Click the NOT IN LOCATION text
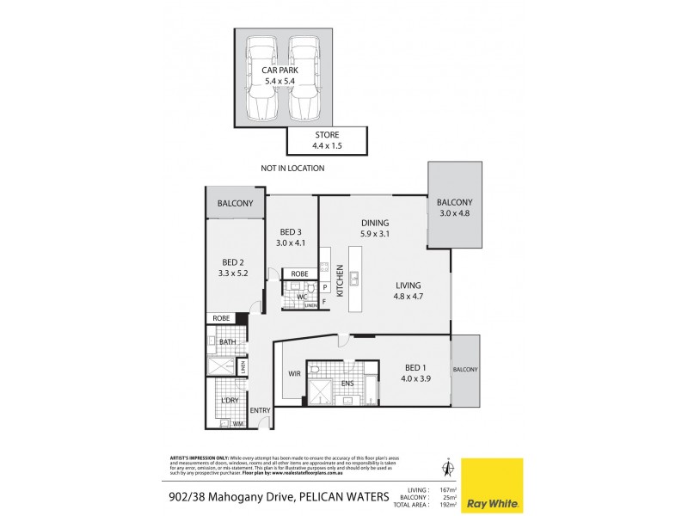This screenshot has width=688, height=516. point(292,169)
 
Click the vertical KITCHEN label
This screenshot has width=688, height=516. point(341,281)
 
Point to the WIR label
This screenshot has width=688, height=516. point(294,372)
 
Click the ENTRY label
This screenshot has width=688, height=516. point(260,410)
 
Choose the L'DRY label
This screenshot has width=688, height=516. point(229,402)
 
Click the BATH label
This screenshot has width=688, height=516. point(227,342)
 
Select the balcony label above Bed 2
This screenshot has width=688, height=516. point(235,204)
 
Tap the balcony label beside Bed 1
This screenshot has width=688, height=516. point(467,370)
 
